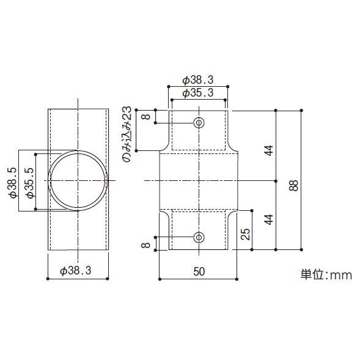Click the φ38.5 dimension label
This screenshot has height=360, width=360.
click(x=12, y=182)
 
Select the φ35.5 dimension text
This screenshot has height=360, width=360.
click(x=28, y=182)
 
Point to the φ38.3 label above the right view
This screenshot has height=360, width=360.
click(x=199, y=79)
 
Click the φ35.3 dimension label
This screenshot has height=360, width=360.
click(x=199, y=92)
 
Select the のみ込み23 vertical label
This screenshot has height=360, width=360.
click(x=127, y=133)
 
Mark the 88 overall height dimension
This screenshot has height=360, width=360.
click(x=293, y=182)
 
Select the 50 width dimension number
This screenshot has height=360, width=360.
click(x=199, y=271)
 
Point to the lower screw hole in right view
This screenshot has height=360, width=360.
click(x=199, y=237)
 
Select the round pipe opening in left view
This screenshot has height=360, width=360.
click(x=78, y=180)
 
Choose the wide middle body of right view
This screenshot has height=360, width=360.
click(x=199, y=180)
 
